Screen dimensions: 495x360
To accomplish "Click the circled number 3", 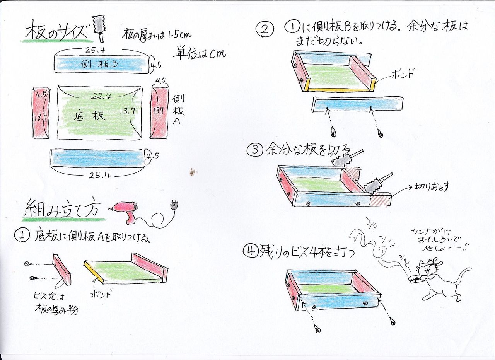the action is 254,150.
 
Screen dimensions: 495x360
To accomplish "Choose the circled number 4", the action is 249,252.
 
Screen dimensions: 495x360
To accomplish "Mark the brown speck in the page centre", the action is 192,172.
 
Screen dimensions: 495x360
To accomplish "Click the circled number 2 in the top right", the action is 266,29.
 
